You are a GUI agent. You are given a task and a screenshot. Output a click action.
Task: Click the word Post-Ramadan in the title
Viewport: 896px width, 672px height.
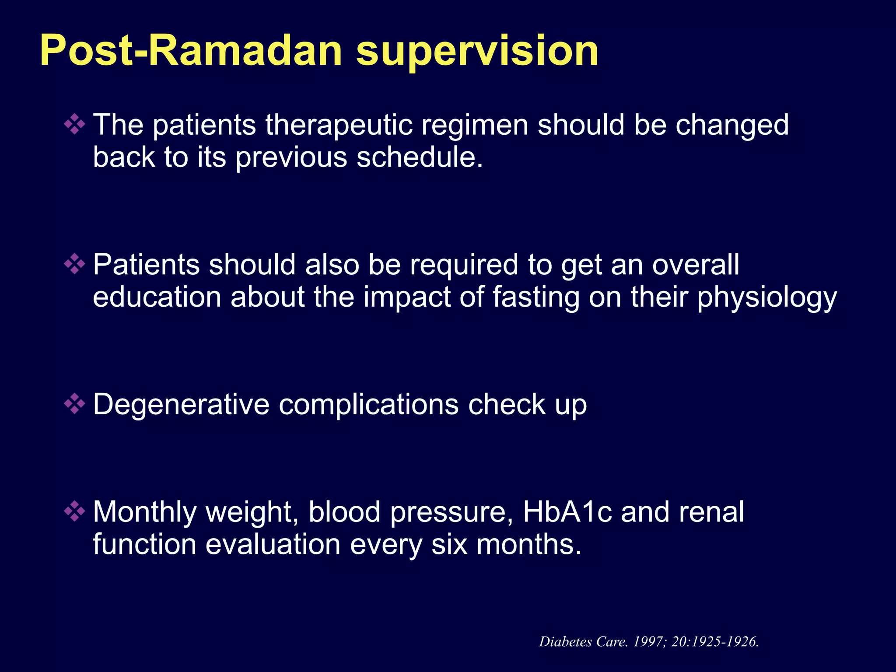191,51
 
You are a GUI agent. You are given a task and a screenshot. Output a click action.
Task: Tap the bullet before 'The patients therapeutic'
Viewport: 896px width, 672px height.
75,124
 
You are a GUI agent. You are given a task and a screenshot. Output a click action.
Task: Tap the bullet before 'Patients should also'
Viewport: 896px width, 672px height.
75,264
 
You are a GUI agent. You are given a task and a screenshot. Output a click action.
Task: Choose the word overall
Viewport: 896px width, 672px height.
696,265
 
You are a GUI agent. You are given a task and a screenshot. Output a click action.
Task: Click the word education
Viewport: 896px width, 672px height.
157,297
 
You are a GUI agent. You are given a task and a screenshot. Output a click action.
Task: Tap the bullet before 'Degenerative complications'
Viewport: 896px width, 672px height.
75,404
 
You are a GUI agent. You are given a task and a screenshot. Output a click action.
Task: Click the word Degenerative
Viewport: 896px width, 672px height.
181,405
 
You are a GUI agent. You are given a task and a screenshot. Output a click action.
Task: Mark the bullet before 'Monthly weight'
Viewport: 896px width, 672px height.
75,511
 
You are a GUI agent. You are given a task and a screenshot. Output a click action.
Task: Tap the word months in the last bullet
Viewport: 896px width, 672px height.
528,545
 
